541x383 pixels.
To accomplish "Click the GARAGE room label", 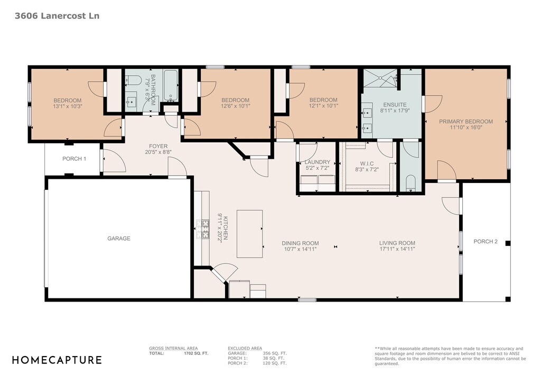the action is pyautogui.click(x=119, y=238).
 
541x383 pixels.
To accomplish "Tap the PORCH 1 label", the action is pyautogui.click(x=74, y=159).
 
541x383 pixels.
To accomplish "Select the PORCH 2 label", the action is pyautogui.click(x=486, y=241).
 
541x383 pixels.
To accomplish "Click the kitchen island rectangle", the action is pyautogui.click(x=249, y=234).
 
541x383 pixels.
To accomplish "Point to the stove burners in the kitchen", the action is pyautogui.click(x=203, y=229).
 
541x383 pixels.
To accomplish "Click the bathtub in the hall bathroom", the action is pyautogui.click(x=171, y=86).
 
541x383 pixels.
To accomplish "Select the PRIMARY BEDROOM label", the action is pyautogui.click(x=466, y=122).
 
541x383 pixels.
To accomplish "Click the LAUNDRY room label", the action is pyautogui.click(x=318, y=162).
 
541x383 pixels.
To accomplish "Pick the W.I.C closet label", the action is pyautogui.click(x=367, y=163).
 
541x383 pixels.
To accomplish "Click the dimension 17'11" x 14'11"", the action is pyautogui.click(x=397, y=249).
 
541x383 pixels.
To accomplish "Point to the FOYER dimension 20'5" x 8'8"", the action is pyautogui.click(x=158, y=152).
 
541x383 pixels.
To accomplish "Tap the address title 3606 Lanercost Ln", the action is pyautogui.click(x=57, y=16).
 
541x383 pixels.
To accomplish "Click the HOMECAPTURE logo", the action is pyautogui.click(x=57, y=360).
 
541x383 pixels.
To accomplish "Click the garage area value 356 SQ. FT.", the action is pyautogui.click(x=275, y=353).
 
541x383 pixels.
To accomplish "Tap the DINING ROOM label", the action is pyautogui.click(x=300, y=243).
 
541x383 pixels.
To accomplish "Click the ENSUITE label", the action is pyautogui.click(x=395, y=105).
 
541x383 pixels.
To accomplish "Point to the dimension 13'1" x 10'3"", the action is pyautogui.click(x=68, y=106).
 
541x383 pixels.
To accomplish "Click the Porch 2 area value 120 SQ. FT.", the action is pyautogui.click(x=275, y=363).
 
